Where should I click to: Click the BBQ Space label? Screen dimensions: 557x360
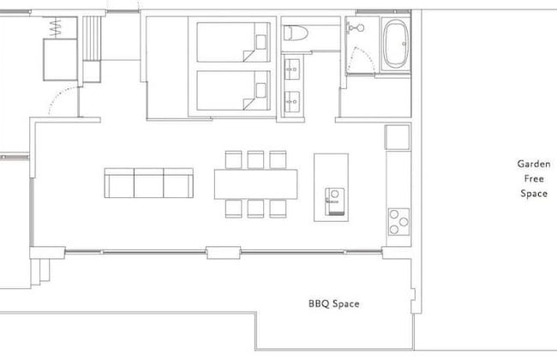click(333, 303)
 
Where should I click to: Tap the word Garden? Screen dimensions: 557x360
click(534, 164)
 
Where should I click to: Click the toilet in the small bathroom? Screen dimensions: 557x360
click(296, 33)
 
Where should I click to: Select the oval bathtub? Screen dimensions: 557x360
click(396, 44)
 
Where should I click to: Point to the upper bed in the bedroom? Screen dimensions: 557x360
click(233, 42)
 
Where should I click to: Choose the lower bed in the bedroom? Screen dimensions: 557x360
click(233, 91)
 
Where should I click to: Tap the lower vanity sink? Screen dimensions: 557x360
click(292, 102)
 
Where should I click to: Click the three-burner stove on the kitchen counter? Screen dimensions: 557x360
click(398, 222)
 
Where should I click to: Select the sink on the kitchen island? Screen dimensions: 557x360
click(334, 201)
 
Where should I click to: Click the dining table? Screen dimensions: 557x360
click(255, 184)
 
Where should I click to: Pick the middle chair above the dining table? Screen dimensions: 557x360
click(255, 159)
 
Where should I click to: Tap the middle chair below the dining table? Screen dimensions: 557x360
click(255, 208)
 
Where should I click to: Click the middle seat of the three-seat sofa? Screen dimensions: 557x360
click(149, 183)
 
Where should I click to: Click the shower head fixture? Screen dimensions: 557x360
click(356, 27)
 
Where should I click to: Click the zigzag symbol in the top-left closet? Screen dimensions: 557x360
click(55, 27)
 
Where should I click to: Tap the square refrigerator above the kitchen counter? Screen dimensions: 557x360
click(398, 137)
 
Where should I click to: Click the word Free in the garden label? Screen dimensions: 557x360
click(534, 178)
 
